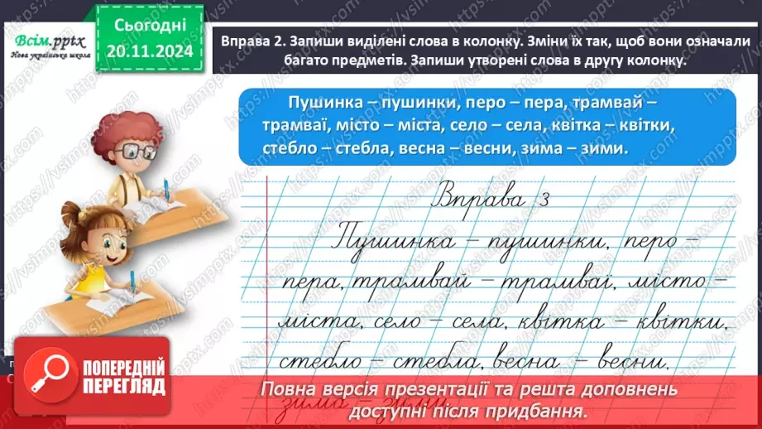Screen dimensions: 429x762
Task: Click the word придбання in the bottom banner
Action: pyautogui.click(x=544, y=409)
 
